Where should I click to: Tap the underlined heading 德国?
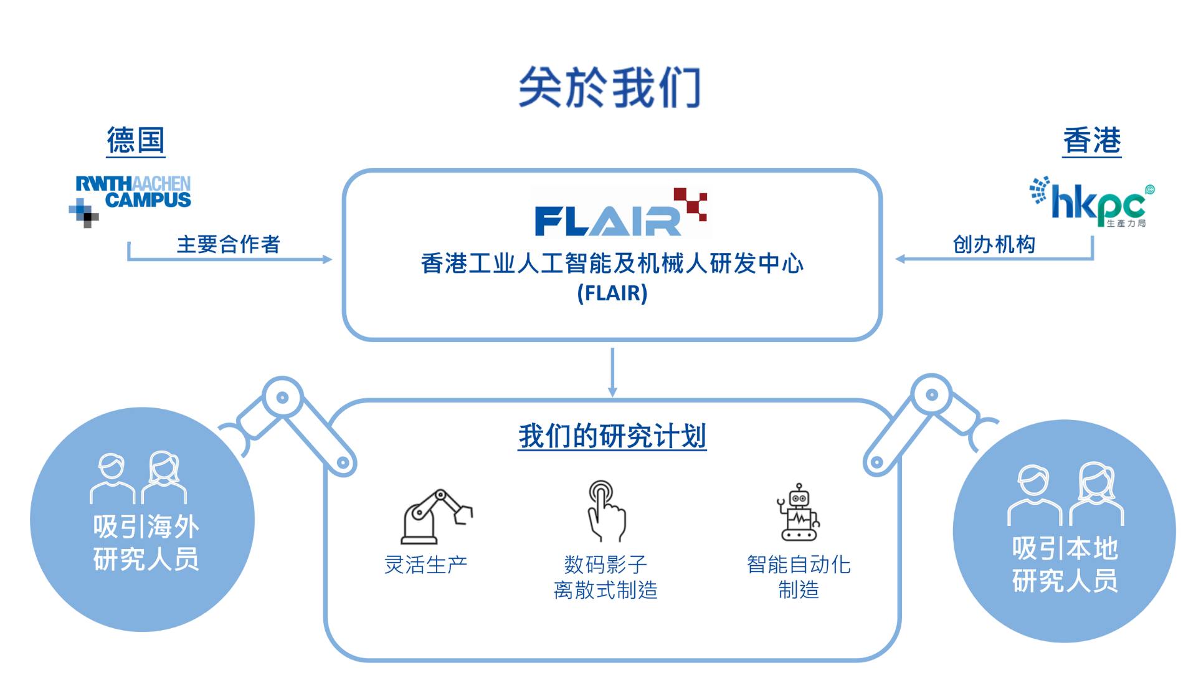(136, 140)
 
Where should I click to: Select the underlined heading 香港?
(1091, 140)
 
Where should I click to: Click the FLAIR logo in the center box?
(620, 212)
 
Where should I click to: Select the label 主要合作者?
(228, 244)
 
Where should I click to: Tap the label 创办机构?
(994, 244)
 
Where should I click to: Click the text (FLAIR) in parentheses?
(612, 293)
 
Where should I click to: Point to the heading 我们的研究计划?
(612, 436)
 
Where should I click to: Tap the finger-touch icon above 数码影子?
(605, 511)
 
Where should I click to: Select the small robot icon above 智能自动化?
(799, 512)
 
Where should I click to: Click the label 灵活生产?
(426, 565)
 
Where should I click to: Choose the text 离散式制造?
(605, 589)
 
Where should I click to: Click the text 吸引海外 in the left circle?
(146, 527)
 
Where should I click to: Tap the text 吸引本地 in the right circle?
(1065, 549)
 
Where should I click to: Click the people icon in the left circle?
(138, 478)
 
